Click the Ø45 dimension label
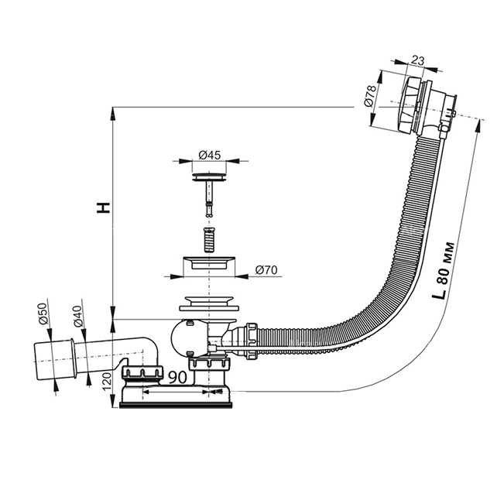pos(209,156)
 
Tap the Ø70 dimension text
pos(266,270)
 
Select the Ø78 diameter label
pos(370,96)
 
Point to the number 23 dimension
pos(418,60)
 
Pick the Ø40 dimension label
pos(77,317)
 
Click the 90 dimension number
pos(177,377)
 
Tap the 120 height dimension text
pos(107,382)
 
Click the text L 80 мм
pos(443,271)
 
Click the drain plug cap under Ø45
pos(209,177)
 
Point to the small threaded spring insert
pos(209,240)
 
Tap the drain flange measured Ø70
pos(209,263)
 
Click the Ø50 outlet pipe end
pos(54,361)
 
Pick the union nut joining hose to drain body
pos(251,341)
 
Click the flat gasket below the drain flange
pos(209,308)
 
